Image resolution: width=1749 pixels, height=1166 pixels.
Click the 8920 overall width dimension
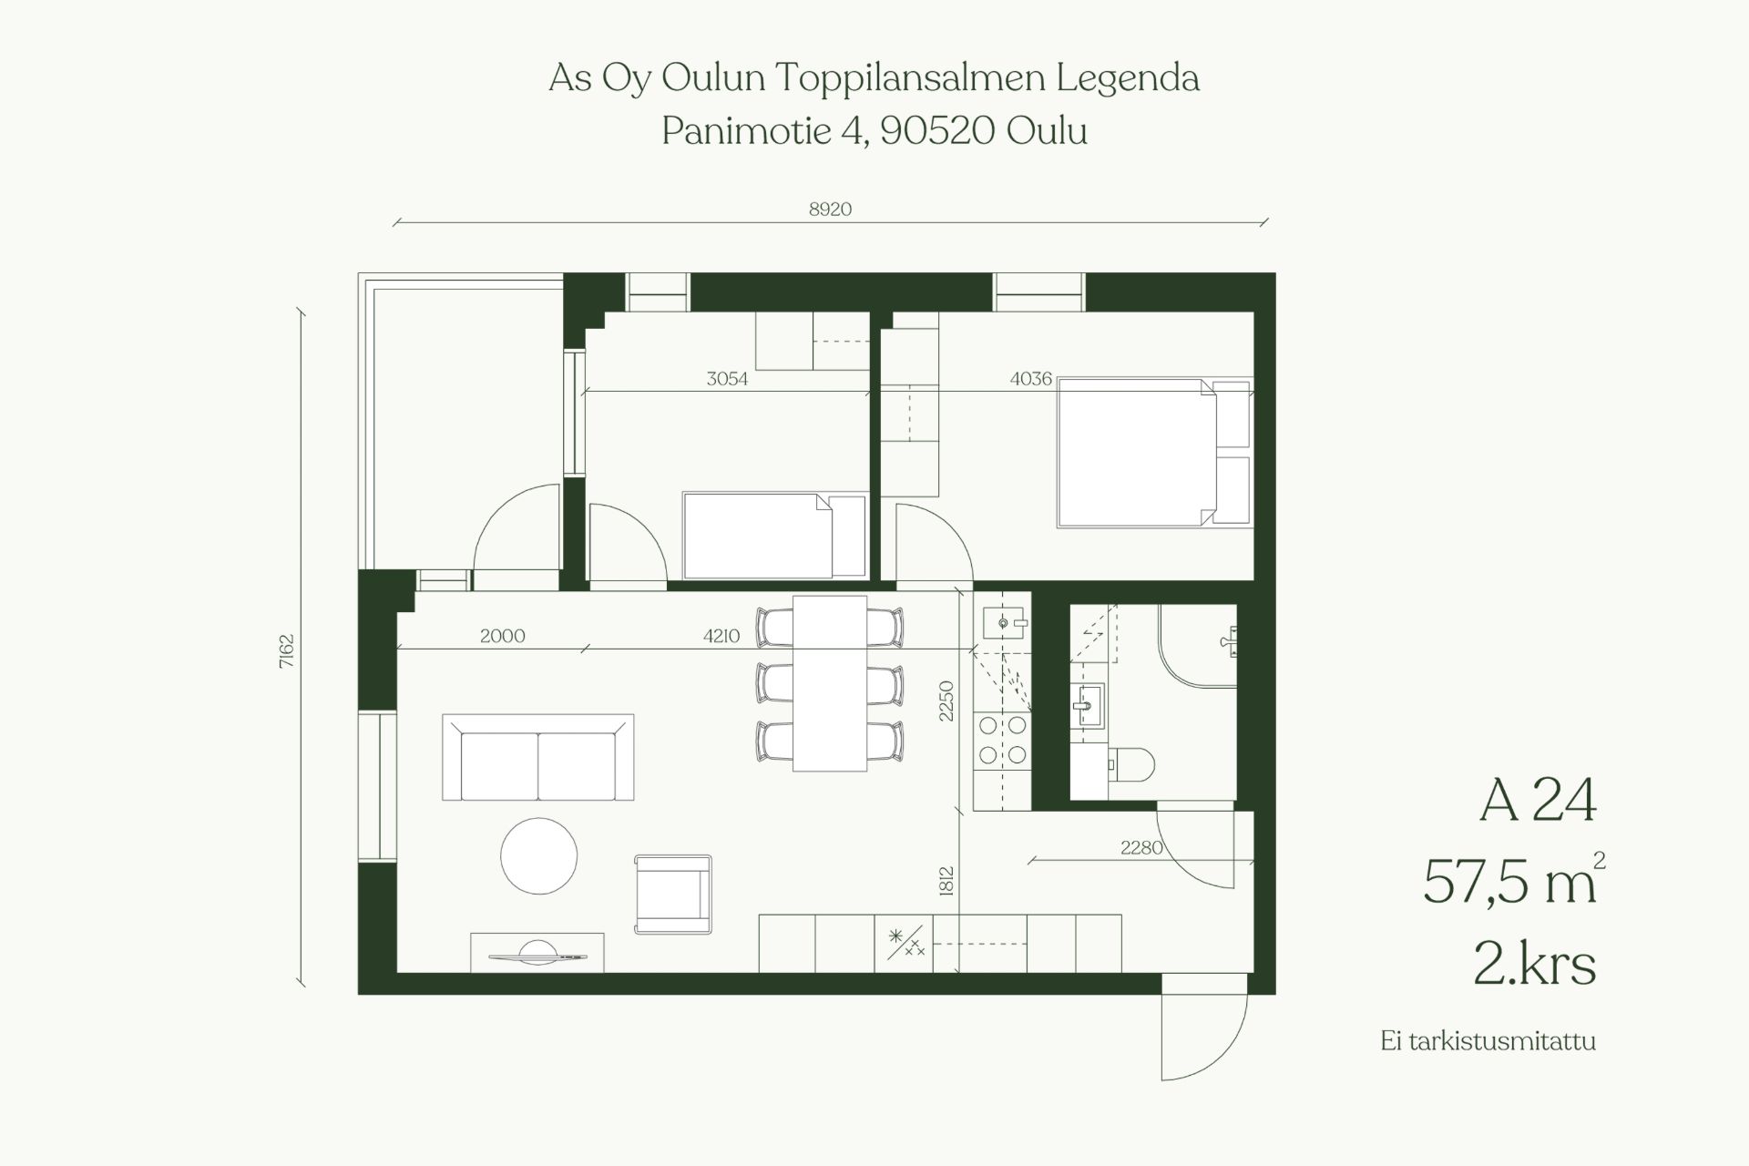[x=830, y=210]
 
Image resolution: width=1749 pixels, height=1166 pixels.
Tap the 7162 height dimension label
[x=287, y=651]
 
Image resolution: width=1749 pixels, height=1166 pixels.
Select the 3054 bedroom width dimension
[x=727, y=379]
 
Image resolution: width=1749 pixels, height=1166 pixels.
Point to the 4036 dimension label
[x=1031, y=378]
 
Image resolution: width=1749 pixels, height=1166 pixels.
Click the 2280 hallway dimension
[x=1141, y=847]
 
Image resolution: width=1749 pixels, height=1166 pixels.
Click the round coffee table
[x=539, y=856]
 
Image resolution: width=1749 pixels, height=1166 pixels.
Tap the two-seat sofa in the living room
[x=538, y=757]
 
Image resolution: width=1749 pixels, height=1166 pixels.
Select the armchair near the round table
[x=673, y=895]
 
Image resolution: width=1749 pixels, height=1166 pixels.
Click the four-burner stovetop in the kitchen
[x=1002, y=740]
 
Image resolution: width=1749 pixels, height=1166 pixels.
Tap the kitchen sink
[x=1006, y=623]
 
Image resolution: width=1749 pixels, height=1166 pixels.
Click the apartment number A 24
[x=1538, y=801]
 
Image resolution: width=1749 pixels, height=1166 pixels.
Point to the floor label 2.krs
[x=1535, y=965]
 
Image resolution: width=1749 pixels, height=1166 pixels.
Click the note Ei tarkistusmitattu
[x=1488, y=1041]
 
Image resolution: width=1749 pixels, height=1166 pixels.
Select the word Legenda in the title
[x=1128, y=79]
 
